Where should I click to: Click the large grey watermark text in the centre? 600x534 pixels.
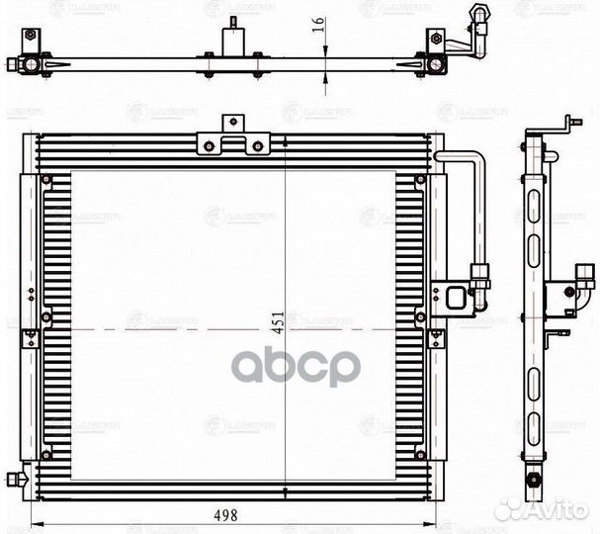(x=296, y=367)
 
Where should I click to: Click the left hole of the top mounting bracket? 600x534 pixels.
(x=210, y=147)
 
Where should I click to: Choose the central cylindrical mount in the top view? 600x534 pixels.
(x=233, y=44)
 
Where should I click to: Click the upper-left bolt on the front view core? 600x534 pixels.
(x=44, y=179)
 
